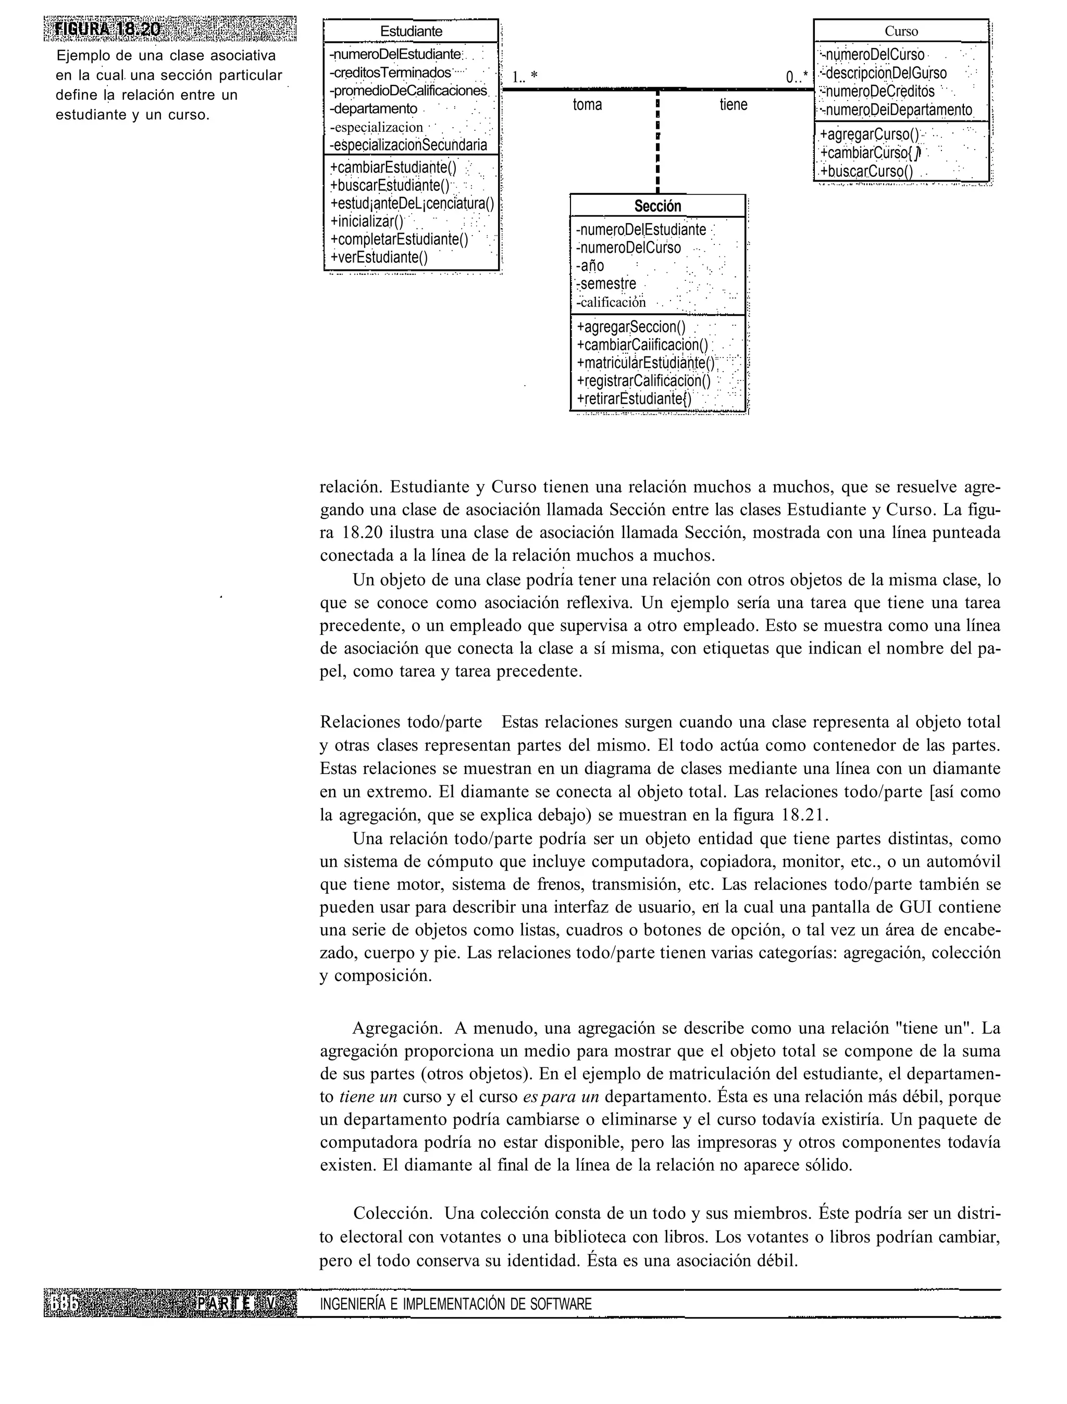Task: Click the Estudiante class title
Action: [x=411, y=31]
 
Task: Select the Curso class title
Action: [x=901, y=31]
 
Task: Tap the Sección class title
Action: [x=657, y=206]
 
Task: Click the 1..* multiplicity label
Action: [x=525, y=77]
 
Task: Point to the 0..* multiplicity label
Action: [x=797, y=78]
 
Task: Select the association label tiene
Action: [x=734, y=105]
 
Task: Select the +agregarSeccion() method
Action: [x=631, y=327]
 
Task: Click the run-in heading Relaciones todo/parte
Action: [x=400, y=722]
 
